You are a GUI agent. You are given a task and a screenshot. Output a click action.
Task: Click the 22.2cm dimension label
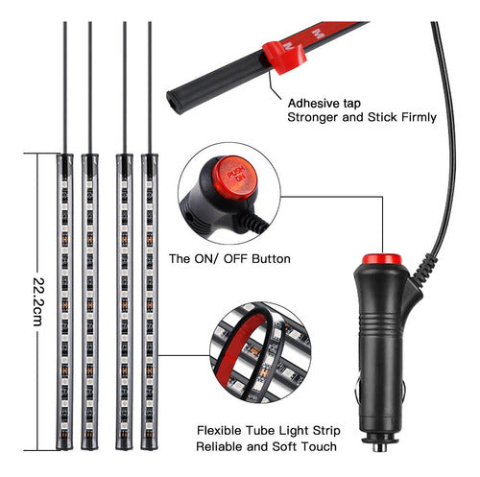[37, 302]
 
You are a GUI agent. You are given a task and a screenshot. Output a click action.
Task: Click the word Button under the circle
[271, 258]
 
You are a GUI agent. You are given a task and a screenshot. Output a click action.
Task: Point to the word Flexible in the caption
[219, 430]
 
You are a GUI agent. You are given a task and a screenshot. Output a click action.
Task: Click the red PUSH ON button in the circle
[236, 178]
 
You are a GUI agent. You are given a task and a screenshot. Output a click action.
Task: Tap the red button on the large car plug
[381, 259]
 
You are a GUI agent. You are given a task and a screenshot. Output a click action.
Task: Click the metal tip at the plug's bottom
[380, 445]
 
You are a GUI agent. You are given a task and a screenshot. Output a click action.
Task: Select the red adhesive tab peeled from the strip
[284, 57]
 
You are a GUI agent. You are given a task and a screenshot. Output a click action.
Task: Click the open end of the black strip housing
[173, 103]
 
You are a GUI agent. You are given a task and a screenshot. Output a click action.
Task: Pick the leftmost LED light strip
[64, 301]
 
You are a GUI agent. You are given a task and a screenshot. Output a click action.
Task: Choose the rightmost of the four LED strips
[150, 301]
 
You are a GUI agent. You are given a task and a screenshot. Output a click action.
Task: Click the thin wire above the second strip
[90, 87]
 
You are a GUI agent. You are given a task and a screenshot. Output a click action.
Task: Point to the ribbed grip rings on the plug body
[381, 324]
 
